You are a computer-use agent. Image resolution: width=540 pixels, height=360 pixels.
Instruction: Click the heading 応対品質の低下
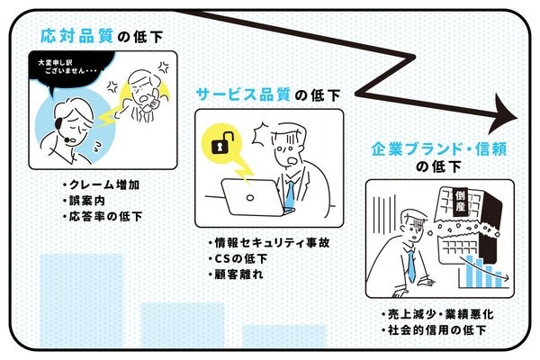click(x=100, y=36)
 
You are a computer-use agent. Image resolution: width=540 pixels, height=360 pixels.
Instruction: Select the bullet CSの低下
click(x=236, y=259)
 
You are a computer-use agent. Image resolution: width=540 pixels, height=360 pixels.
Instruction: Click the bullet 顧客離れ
click(x=236, y=274)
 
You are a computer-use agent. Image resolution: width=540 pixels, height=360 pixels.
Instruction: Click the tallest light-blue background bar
click(x=81, y=301)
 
